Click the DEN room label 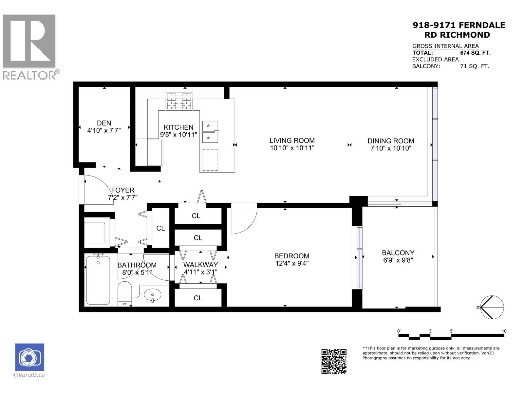click(x=104, y=123)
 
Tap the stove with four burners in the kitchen click(x=179, y=101)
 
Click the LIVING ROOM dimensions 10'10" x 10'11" click(x=292, y=148)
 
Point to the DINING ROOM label click(x=391, y=141)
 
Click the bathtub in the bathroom click(x=98, y=280)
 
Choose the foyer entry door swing click(x=98, y=190)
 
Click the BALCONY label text click(x=398, y=253)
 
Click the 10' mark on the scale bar click(x=504, y=331)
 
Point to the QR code click(x=334, y=362)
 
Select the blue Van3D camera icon click(x=29, y=357)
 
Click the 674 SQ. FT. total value click(x=475, y=53)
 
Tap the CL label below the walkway click(x=198, y=298)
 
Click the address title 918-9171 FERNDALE click(x=458, y=25)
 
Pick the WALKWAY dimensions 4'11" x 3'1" click(x=200, y=272)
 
